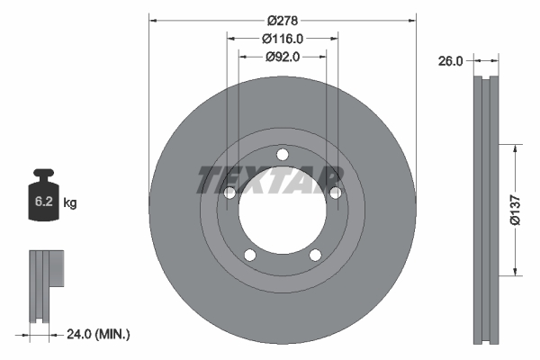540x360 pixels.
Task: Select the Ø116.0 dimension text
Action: point(282,38)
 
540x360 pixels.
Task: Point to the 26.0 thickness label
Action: point(450,61)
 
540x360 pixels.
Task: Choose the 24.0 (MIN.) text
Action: point(99,334)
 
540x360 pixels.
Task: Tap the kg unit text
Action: point(70,203)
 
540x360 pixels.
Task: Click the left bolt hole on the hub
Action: point(229,193)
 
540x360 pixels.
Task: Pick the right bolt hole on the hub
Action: point(335,193)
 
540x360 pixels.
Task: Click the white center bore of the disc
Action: point(282,209)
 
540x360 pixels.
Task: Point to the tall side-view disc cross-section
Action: point(486,209)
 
